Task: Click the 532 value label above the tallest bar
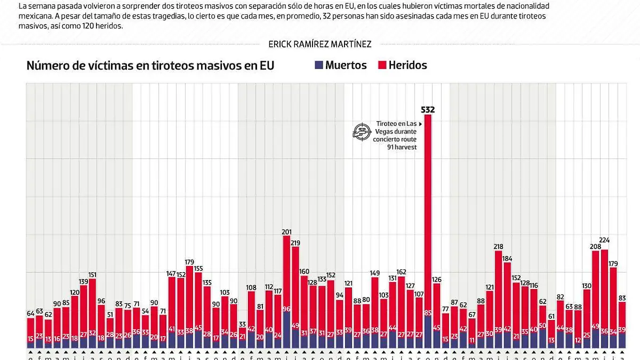(428, 110)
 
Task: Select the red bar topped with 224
(604, 288)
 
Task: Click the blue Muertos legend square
(319, 65)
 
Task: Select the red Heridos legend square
(382, 65)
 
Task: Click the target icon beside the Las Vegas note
(362, 131)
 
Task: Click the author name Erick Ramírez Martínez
(320, 44)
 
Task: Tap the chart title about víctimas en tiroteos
(150, 66)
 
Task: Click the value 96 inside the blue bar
(286, 309)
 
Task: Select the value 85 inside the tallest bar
(428, 313)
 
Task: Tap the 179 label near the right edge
(613, 263)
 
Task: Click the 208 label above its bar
(595, 246)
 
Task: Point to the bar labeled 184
(507, 299)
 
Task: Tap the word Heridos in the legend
(407, 65)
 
